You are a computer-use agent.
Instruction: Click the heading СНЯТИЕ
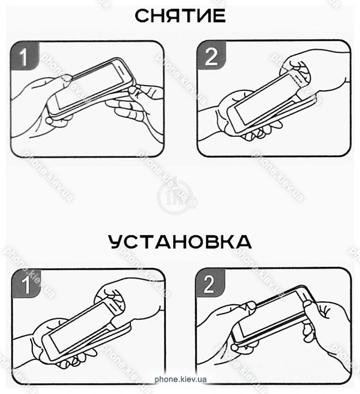point(180,16)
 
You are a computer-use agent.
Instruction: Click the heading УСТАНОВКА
point(180,242)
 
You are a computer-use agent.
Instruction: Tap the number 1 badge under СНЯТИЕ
point(25,56)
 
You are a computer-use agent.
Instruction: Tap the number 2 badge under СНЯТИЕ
point(211,56)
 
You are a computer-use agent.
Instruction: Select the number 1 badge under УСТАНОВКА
point(26,284)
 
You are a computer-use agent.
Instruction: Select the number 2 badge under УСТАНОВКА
point(210,284)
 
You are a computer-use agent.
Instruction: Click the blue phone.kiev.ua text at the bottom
point(181,379)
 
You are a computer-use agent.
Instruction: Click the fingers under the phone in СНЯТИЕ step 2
point(256,133)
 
